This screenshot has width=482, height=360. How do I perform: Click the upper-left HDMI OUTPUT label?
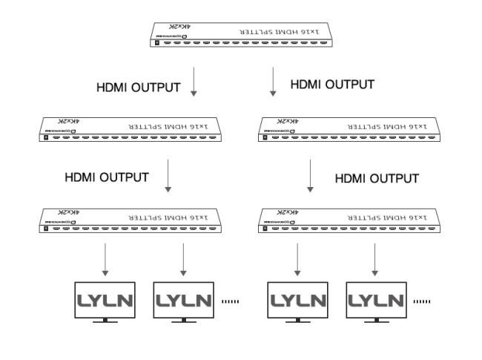139,87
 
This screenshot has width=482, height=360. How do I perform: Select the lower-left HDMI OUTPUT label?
107,177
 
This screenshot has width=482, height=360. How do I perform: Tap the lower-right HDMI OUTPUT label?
377,178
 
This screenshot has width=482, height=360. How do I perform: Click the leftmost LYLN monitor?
105,302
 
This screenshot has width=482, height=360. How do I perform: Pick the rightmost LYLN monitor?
377,302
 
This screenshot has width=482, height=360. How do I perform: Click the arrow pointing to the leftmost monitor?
105,260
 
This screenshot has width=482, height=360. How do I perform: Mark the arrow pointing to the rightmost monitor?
377,260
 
